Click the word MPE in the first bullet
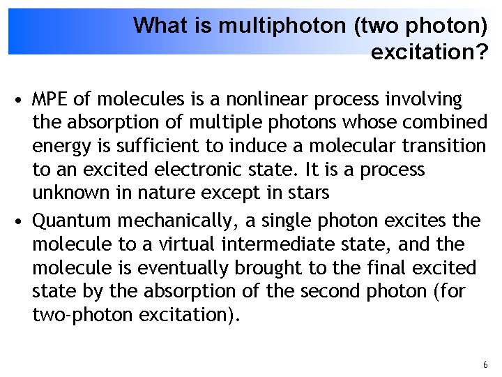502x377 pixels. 50,100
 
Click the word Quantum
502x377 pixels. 73,221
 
